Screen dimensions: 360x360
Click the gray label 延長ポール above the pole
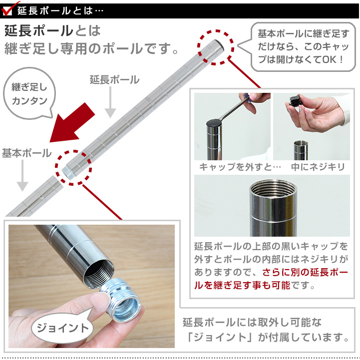pos(114,80)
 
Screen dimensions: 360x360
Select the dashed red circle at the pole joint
pos(73,168)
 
